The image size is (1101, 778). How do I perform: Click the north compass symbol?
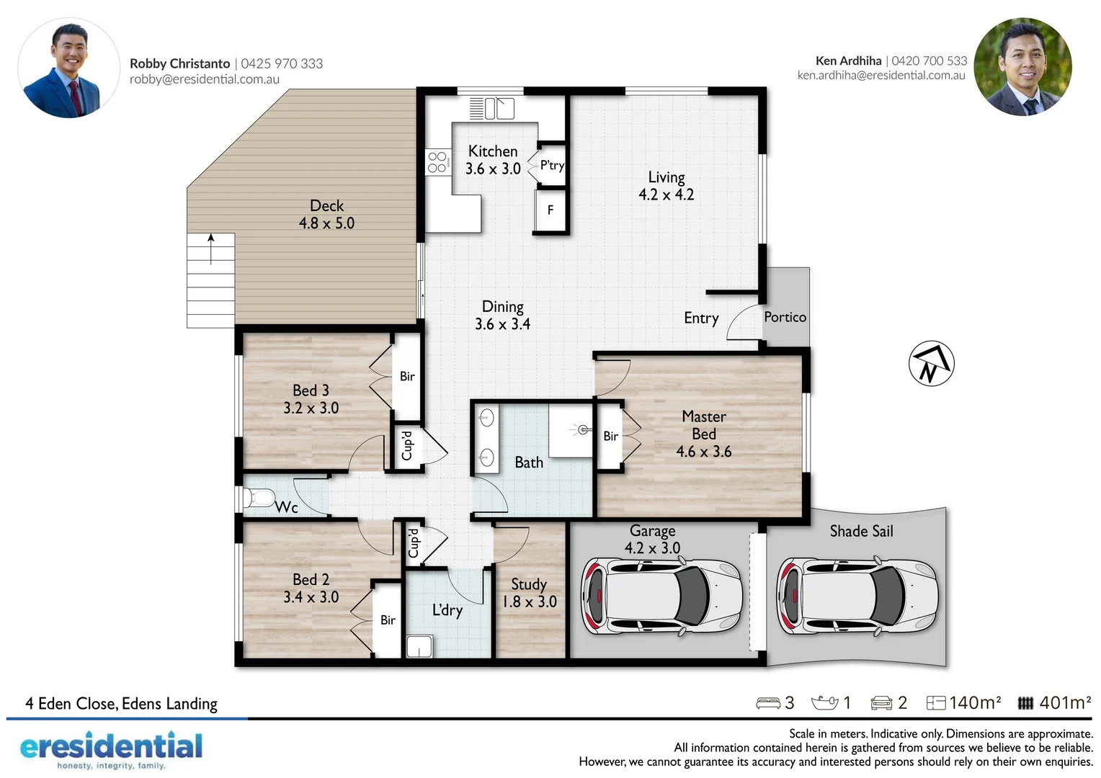(931, 363)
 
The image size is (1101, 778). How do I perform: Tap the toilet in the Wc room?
(259, 498)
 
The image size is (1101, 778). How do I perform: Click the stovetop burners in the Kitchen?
(437, 162)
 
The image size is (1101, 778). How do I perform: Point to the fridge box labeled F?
(550, 210)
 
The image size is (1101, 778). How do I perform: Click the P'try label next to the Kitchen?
(552, 166)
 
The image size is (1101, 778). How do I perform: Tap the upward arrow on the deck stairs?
(211, 248)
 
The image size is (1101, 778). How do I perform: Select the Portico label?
(785, 317)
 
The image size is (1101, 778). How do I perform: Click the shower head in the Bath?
(582, 430)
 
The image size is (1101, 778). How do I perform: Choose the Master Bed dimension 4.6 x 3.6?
(703, 452)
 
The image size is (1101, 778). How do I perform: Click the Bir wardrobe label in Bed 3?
(407, 376)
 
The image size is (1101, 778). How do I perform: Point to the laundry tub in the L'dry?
(419, 646)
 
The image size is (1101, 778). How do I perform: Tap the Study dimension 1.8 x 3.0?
(529, 602)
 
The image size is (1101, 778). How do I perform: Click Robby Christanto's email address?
(205, 79)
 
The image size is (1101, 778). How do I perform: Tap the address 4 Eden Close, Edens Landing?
(121, 704)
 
